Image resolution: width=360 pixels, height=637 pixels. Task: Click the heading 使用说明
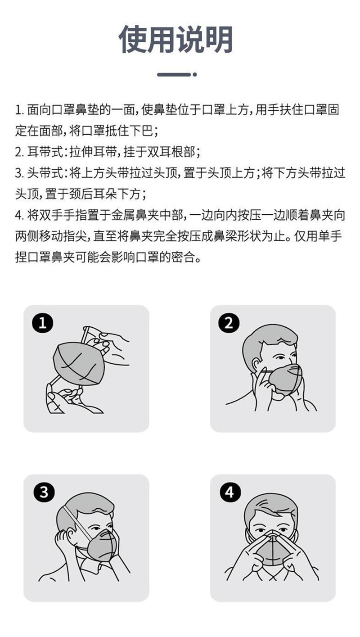(x=176, y=40)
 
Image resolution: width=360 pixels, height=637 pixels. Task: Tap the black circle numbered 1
(x=43, y=323)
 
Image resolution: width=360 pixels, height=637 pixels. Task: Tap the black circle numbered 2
(x=229, y=323)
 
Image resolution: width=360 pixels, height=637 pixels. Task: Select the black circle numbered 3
(x=44, y=492)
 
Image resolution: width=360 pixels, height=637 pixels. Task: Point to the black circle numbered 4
(x=230, y=492)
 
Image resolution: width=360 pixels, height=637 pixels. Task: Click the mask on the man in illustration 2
(x=284, y=380)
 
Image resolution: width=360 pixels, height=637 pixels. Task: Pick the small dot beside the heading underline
(x=195, y=75)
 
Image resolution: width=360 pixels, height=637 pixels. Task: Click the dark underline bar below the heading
(x=174, y=75)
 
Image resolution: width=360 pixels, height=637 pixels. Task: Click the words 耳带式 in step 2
(x=45, y=152)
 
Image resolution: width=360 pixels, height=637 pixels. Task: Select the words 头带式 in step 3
(x=45, y=173)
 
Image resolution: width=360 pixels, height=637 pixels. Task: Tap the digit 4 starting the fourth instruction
(x=18, y=215)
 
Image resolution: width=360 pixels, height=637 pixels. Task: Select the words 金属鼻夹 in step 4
(x=135, y=215)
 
